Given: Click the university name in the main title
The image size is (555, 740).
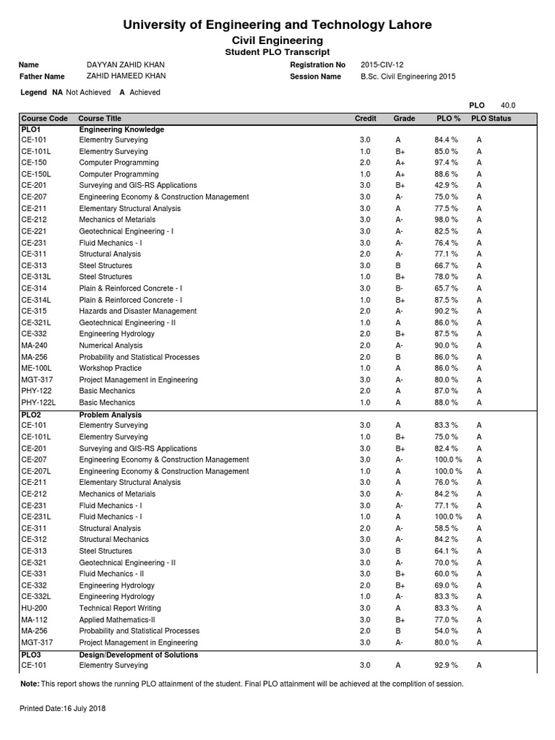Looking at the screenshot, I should pos(277,25).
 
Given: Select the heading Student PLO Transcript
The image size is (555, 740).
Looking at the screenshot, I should pos(277,52).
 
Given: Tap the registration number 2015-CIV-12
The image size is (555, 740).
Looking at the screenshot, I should pos(384,65).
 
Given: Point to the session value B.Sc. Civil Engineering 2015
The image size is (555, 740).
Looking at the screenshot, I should pos(408,77).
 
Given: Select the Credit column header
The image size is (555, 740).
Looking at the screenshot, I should pos(365,119).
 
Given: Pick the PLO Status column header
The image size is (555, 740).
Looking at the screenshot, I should pos(491,119).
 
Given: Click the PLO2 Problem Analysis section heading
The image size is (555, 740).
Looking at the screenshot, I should pos(110,415).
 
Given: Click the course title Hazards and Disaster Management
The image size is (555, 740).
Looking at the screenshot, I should pos(138,311).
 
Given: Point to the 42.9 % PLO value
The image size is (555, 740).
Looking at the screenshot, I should pos(446,185).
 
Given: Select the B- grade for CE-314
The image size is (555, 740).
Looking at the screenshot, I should pos(399,288).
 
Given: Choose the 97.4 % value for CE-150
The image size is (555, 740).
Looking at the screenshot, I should pos(446,163).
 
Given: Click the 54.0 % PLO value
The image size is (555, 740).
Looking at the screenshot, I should pos(446,631).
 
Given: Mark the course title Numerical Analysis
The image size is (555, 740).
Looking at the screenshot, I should pos(112,345).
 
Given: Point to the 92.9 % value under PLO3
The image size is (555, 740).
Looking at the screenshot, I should pos(446,665).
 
